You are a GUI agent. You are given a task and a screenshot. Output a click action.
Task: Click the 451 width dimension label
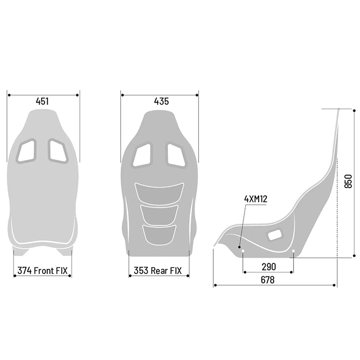(x=42, y=101)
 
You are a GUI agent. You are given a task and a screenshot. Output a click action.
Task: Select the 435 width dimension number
(x=162, y=101)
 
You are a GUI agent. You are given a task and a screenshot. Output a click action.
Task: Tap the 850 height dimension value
(x=348, y=181)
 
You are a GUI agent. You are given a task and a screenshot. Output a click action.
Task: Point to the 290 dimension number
(x=269, y=267)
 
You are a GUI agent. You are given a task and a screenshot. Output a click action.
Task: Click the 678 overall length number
(x=268, y=280)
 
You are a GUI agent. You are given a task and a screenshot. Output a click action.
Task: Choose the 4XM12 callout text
(x=256, y=199)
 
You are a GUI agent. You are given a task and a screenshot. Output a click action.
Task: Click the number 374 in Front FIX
(x=24, y=271)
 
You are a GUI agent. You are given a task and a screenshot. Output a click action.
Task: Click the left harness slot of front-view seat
(x=27, y=151)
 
